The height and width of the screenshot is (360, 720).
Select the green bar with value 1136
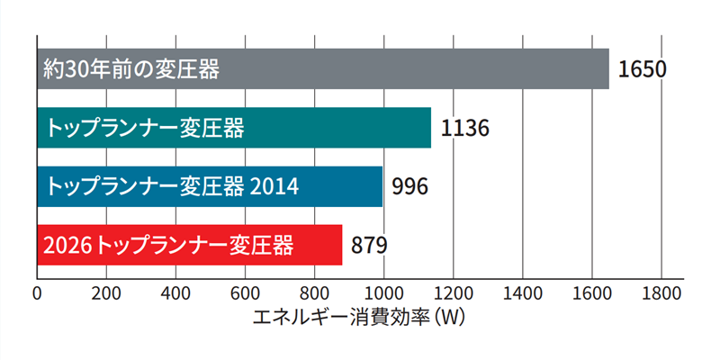click(x=234, y=127)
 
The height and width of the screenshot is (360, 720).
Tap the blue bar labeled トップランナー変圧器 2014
click(x=210, y=186)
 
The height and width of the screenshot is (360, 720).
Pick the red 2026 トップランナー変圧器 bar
click(x=189, y=245)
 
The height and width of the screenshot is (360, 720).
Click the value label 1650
click(x=642, y=69)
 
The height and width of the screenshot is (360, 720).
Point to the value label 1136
click(x=464, y=128)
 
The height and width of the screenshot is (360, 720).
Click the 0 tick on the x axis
click(x=37, y=293)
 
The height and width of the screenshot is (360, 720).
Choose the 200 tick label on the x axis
click(x=106, y=293)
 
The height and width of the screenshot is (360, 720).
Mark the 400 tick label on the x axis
click(x=175, y=293)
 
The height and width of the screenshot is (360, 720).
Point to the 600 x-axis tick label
click(x=245, y=293)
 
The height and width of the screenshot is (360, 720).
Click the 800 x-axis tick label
click(x=314, y=293)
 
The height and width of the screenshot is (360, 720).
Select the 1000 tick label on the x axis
click(x=383, y=293)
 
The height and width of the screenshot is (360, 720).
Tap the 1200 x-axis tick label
click(x=453, y=293)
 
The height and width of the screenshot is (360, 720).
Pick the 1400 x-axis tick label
click(x=522, y=293)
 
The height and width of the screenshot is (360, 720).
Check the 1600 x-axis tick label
click(x=591, y=293)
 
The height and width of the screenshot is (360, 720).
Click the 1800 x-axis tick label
click(x=661, y=293)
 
